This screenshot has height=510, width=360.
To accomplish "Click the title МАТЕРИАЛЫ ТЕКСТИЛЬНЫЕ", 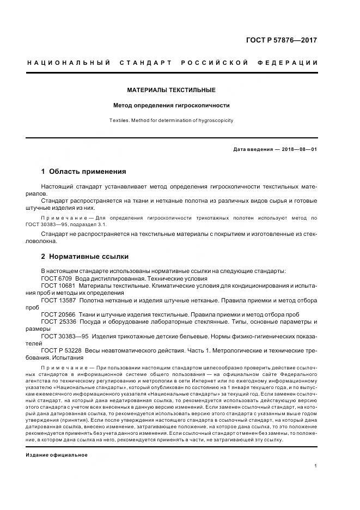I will (x=171, y=89).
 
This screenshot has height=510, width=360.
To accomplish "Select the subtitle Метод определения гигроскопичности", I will (x=171, y=105).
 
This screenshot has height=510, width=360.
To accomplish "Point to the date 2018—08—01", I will (x=298, y=149).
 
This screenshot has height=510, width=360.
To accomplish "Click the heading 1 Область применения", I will (x=83, y=171).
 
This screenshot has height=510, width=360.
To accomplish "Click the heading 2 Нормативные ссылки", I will (x=85, y=256).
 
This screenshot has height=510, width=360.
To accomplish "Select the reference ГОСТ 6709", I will (x=57, y=278).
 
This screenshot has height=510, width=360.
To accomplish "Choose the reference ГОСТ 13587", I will (x=58, y=300).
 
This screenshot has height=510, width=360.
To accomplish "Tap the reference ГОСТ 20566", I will (x=58, y=314).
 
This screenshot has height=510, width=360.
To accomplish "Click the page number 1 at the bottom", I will (x=316, y=466).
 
